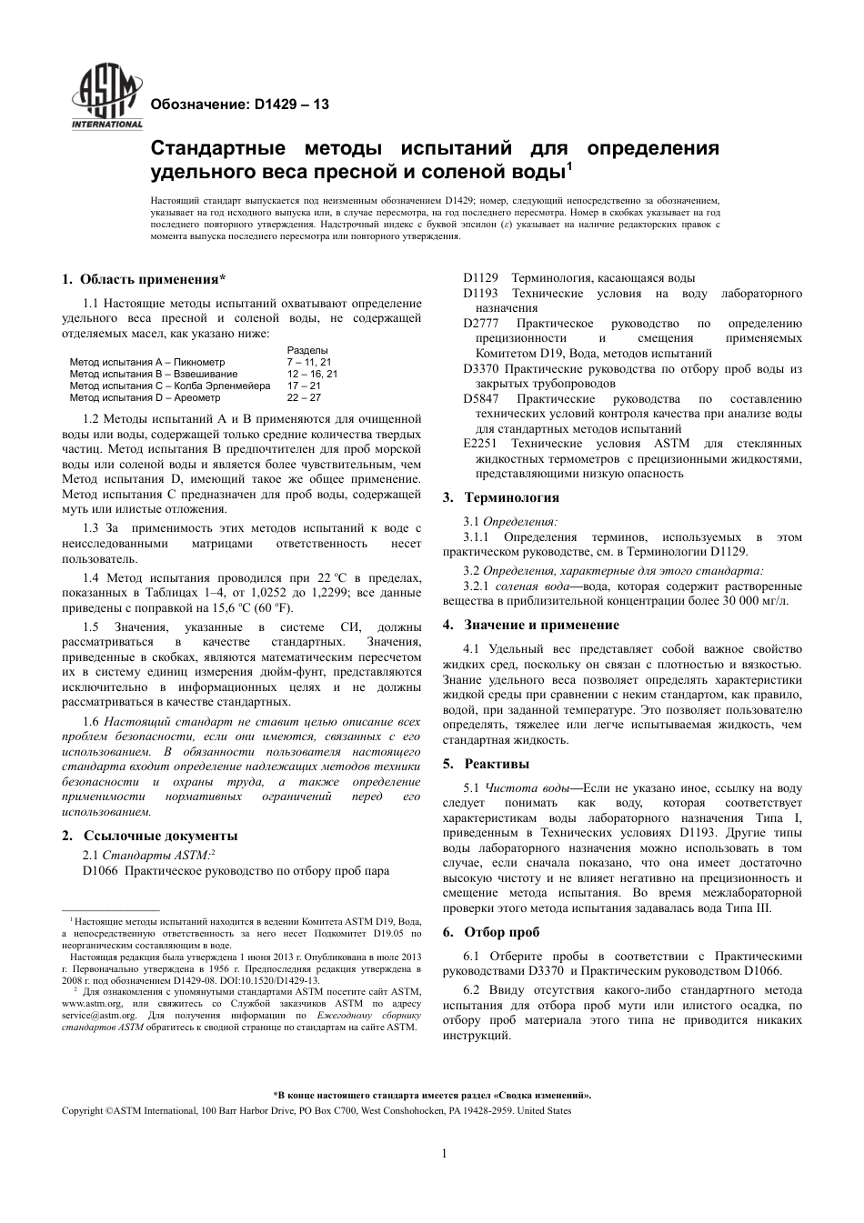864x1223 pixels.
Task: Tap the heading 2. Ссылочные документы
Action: point(150,836)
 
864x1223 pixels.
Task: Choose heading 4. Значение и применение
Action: point(530,625)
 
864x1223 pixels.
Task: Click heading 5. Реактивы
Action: point(486,764)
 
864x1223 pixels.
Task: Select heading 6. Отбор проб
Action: point(491,932)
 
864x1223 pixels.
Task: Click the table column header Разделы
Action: point(307,350)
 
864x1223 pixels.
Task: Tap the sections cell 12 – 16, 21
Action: point(312,374)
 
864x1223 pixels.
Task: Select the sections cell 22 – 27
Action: point(304,397)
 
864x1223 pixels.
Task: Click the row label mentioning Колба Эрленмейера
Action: point(169,386)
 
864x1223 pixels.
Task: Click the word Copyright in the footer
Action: point(82,1111)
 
